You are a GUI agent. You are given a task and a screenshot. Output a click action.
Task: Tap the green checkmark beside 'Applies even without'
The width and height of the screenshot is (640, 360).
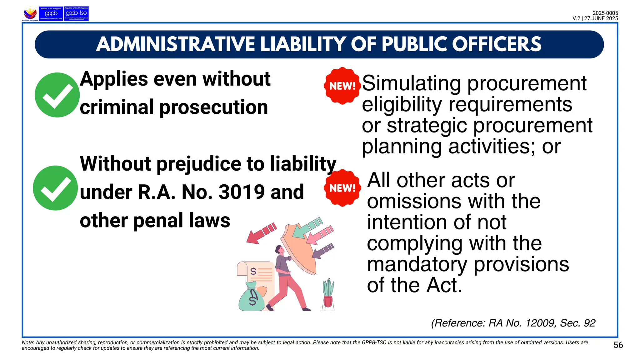click(x=57, y=95)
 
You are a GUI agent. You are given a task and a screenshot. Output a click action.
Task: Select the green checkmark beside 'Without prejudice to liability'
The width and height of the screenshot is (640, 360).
click(x=55, y=188)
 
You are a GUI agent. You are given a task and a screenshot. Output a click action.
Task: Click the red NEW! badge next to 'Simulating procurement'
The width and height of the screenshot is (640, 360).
click(x=342, y=86)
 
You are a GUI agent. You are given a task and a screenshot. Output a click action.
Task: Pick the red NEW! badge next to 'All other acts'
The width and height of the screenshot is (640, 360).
click(x=342, y=188)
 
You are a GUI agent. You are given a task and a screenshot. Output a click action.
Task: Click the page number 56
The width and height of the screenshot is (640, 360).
click(x=618, y=345)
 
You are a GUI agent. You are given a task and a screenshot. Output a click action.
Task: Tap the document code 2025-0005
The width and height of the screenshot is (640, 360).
click(x=605, y=13)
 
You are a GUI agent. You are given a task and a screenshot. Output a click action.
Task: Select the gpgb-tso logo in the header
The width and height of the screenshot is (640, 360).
click(x=76, y=14)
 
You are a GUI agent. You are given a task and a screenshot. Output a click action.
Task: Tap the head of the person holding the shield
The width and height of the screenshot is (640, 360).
click(x=279, y=250)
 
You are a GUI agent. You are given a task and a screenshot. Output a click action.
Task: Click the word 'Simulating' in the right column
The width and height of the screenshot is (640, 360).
click(x=411, y=83)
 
